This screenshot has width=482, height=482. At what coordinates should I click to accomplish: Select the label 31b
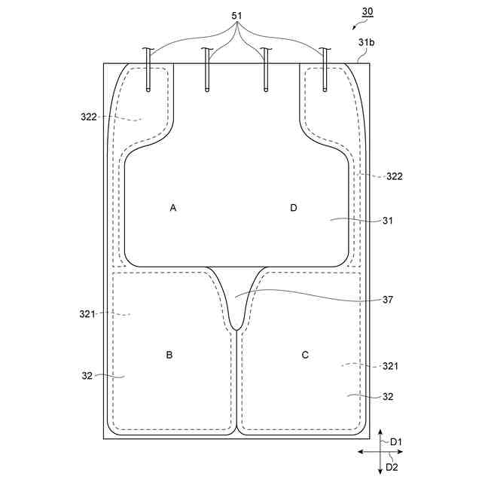366,42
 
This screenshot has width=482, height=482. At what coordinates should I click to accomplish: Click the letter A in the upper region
173,207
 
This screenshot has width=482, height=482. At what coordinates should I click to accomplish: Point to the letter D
294,207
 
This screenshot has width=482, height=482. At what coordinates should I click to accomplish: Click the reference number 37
388,300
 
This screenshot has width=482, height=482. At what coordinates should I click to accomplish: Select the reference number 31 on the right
388,221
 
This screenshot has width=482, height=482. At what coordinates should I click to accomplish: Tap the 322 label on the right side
394,177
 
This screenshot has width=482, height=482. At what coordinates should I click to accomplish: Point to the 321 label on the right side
389,366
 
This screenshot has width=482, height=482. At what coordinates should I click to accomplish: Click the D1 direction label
395,441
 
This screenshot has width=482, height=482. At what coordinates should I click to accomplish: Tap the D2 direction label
392,467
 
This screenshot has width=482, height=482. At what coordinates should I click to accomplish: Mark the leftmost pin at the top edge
148,72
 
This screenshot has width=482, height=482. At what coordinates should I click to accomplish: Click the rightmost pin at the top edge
325,72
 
